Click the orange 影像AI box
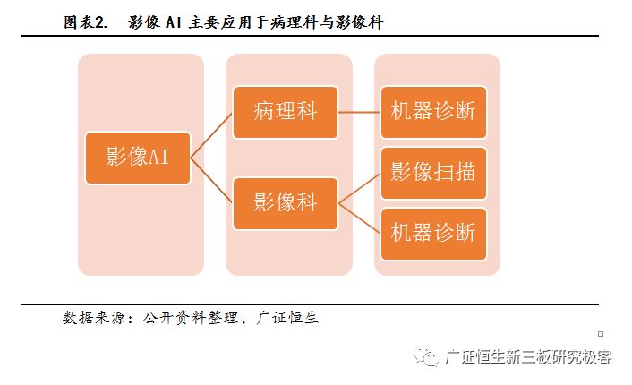138,158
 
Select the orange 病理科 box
286,113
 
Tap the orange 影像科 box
286,203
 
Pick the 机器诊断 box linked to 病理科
433,113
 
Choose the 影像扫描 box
433,174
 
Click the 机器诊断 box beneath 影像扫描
433,235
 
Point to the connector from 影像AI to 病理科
211,135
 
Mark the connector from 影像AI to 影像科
211,180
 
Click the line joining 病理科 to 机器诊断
359,113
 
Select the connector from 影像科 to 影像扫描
359,189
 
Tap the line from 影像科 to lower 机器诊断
359,218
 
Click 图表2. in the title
85,22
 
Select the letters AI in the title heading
174,22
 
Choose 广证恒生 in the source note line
287,318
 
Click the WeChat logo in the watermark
426,356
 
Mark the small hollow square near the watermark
601,334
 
